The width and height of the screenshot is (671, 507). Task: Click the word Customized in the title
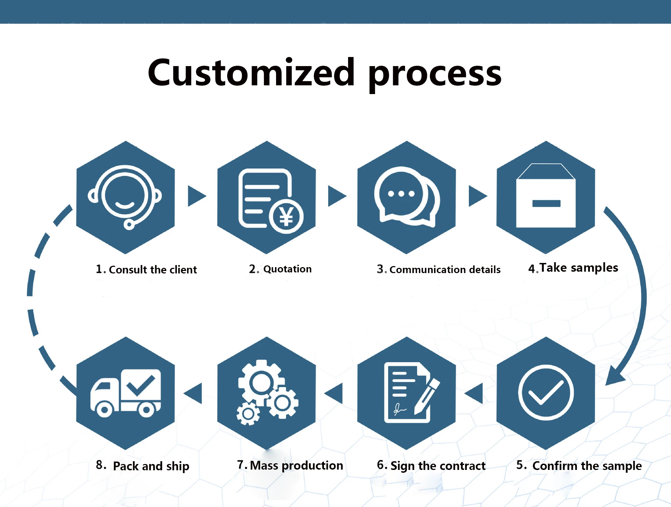click(251, 73)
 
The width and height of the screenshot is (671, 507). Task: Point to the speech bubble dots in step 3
click(401, 194)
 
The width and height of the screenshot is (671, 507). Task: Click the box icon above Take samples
click(546, 197)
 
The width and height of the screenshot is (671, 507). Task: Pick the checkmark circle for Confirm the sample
click(546, 392)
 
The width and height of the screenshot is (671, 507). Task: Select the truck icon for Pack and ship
click(126, 393)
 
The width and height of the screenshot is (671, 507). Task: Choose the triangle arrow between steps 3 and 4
click(477, 196)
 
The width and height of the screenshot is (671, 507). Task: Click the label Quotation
click(287, 269)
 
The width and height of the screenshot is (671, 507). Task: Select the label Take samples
click(579, 268)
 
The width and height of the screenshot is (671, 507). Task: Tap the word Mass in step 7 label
click(264, 465)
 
